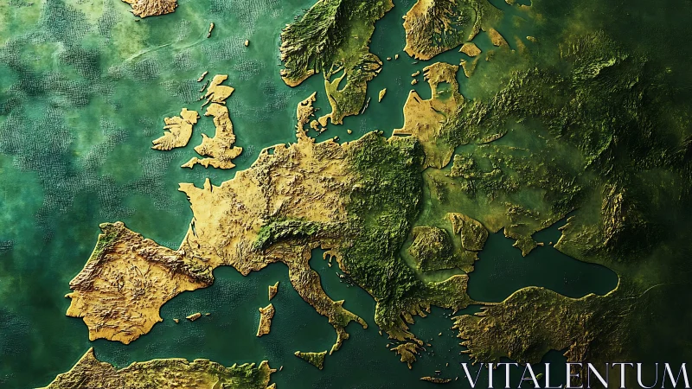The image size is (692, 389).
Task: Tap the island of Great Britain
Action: [221, 134]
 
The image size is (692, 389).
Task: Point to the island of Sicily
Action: [311, 357]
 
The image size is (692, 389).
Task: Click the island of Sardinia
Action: [266, 320]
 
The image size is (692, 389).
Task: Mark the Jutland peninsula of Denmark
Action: [306, 117]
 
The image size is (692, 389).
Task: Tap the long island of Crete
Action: [437, 379]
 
